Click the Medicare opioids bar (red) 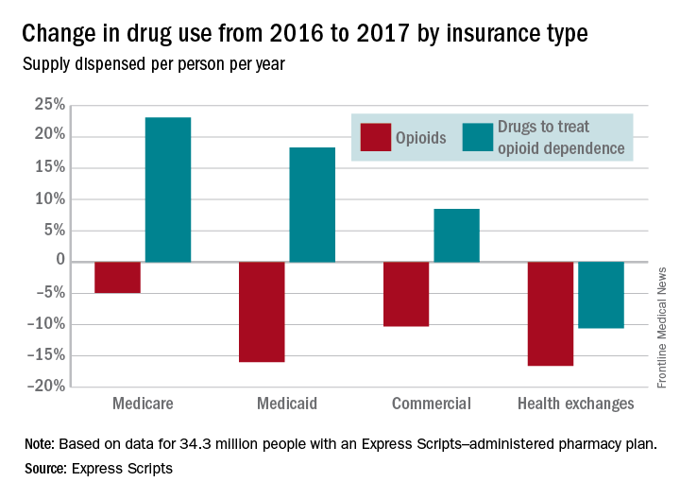117,277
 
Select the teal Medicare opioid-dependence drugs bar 167,189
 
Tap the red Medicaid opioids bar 262,312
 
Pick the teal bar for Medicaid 312,204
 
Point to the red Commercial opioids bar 406,294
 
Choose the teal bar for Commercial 456,235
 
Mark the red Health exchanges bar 551,314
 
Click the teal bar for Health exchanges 601,295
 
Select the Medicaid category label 286,404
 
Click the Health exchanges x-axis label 575,404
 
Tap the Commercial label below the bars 431,404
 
